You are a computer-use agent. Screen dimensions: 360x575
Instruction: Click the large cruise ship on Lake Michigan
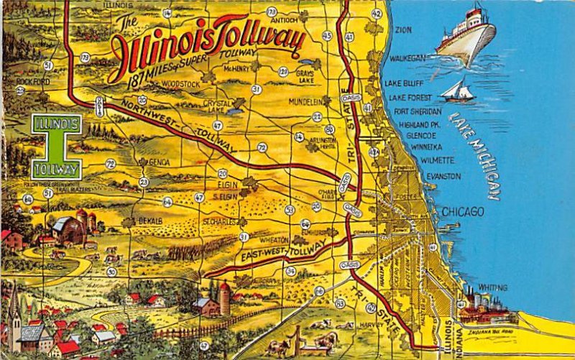point(467,34)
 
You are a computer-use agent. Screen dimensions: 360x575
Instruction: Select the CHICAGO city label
point(462,212)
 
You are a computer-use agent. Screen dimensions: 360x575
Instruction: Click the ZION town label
point(403,30)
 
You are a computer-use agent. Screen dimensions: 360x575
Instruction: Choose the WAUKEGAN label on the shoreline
point(408,57)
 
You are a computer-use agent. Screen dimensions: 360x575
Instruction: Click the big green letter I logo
point(56,147)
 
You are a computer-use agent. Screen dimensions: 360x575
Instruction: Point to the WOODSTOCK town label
point(180,84)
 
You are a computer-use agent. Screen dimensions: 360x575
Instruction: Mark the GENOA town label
point(159,162)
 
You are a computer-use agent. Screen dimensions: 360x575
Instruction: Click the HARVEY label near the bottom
point(372,324)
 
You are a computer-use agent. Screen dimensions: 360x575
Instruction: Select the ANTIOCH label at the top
point(285,20)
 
